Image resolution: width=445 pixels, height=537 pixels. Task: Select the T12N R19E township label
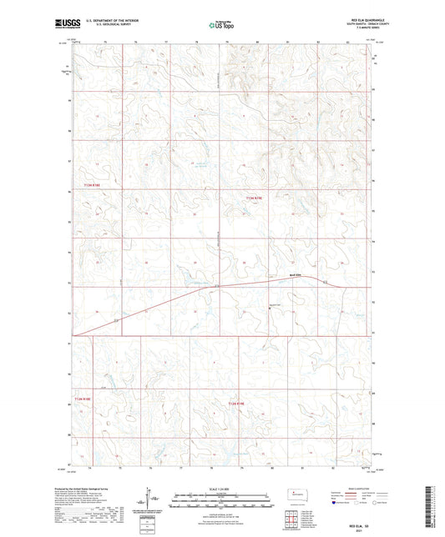click(x=236, y=404)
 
